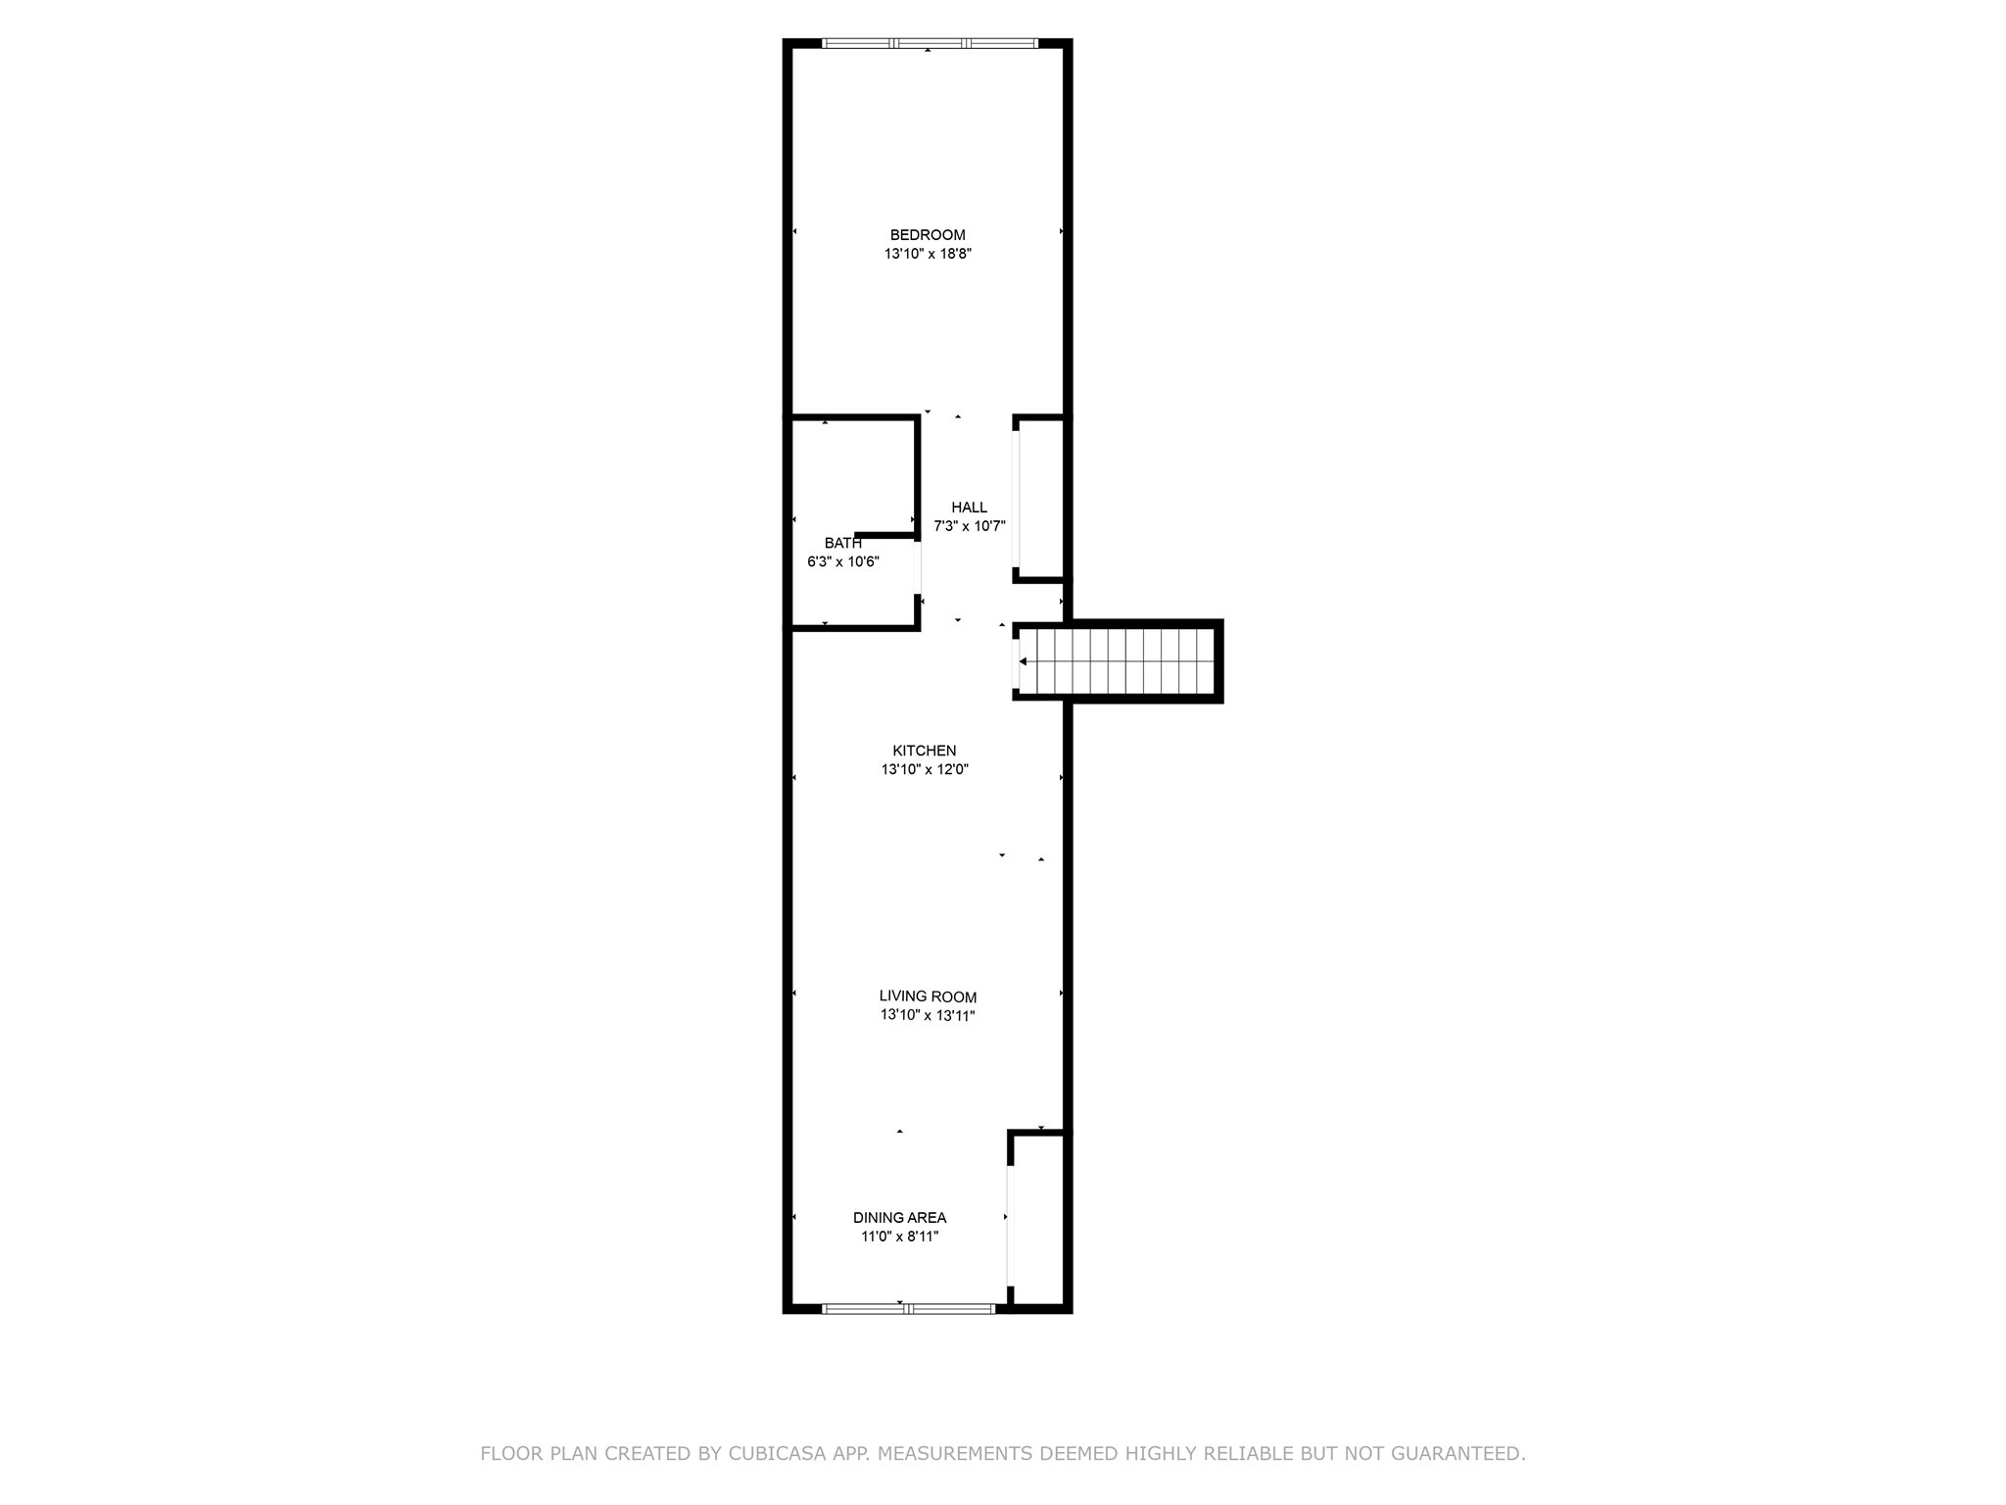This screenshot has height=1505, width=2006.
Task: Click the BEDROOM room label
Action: pyautogui.click(x=927, y=235)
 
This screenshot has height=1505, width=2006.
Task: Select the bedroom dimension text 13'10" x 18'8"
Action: pyautogui.click(x=927, y=254)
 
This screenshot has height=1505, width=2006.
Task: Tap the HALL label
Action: pyautogui.click(x=969, y=508)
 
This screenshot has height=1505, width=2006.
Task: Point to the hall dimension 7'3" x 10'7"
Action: pyautogui.click(x=969, y=526)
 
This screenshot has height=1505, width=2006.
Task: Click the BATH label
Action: pyautogui.click(x=842, y=543)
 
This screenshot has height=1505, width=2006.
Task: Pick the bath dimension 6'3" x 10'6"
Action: pyautogui.click(x=842, y=562)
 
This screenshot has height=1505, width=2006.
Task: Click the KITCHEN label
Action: pyautogui.click(x=924, y=752)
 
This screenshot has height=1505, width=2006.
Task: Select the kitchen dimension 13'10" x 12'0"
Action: pyautogui.click(x=924, y=770)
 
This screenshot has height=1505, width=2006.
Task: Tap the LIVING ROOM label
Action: pyautogui.click(x=927, y=997)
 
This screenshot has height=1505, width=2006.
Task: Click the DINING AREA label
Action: pyautogui.click(x=899, y=1218)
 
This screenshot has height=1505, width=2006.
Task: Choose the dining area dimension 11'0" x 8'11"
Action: pyautogui.click(x=899, y=1238)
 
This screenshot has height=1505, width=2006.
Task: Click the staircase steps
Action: pyautogui.click(x=1126, y=661)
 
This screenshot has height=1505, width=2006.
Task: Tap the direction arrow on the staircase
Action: pyautogui.click(x=1024, y=661)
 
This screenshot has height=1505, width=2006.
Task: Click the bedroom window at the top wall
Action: pyautogui.click(x=929, y=43)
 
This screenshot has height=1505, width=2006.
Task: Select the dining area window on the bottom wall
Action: pyautogui.click(x=908, y=1308)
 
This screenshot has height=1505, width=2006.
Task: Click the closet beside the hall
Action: pyautogui.click(x=1041, y=499)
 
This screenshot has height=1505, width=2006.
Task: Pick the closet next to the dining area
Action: pyautogui.click(x=1038, y=1220)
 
